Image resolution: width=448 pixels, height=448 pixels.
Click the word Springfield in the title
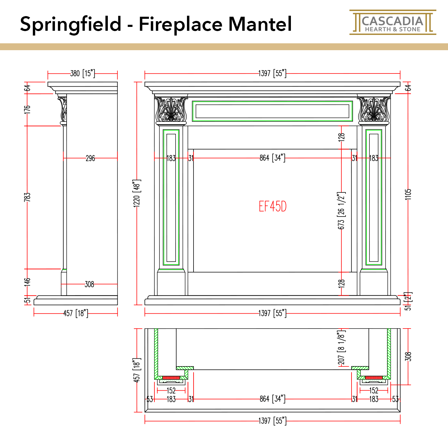pyautogui.click(x=71, y=24)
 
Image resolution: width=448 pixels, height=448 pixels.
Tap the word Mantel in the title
pyautogui.click(x=260, y=24)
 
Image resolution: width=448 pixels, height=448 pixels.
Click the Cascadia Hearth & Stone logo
pyautogui.click(x=392, y=22)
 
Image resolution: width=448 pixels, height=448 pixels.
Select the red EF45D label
pyautogui.click(x=272, y=206)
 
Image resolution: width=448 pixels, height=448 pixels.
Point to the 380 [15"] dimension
pyautogui.click(x=82, y=73)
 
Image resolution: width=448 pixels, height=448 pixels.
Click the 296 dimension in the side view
pyautogui.click(x=90, y=158)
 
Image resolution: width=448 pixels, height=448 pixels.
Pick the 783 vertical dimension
pyautogui.click(x=27, y=197)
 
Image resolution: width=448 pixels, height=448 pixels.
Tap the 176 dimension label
pyautogui.click(x=27, y=109)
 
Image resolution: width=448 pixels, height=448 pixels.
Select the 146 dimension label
pyautogui.click(x=27, y=282)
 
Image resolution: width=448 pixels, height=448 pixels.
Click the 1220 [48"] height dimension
pyautogui.click(x=137, y=194)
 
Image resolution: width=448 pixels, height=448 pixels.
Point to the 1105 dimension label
pyautogui.click(x=408, y=194)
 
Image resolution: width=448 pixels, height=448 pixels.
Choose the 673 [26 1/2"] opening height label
pyautogui.click(x=341, y=211)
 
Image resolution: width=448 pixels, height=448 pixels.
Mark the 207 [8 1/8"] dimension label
pyautogui.click(x=341, y=348)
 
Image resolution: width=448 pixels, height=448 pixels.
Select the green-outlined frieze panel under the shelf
pyautogui.click(x=272, y=111)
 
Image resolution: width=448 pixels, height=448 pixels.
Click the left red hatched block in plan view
pyautogui.click(x=171, y=378)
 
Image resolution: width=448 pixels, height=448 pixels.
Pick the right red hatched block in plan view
pyautogui.click(x=374, y=378)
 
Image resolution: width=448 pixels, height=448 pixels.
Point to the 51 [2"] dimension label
pyautogui.click(x=408, y=301)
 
